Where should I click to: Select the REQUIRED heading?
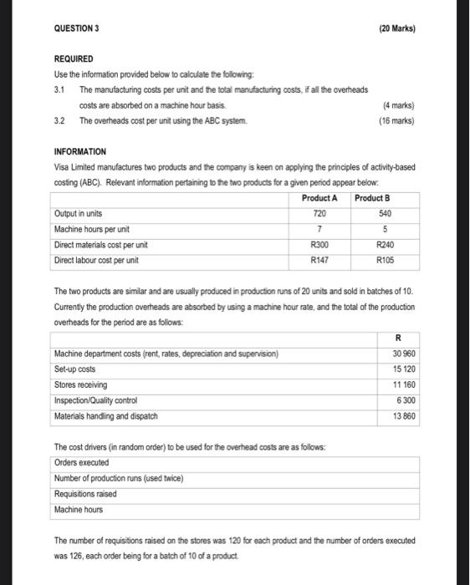pyautogui.click(x=74, y=60)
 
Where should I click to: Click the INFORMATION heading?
pyautogui.click(x=79, y=152)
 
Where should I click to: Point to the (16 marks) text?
pyautogui.click(x=396, y=120)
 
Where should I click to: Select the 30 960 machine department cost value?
pyautogui.click(x=402, y=354)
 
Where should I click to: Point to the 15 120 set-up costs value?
pyautogui.click(x=402, y=369)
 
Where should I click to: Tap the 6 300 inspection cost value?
pyautogui.click(x=405, y=400)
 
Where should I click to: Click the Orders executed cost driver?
pyautogui.click(x=82, y=462)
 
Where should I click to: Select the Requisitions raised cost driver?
pyautogui.click(x=86, y=493)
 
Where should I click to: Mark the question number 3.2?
pyautogui.click(x=60, y=121)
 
